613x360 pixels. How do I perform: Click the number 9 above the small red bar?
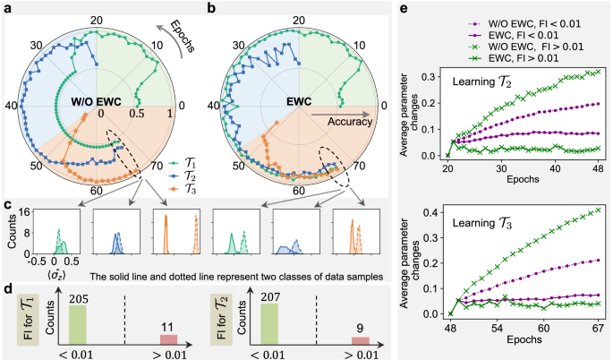point(360,329)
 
